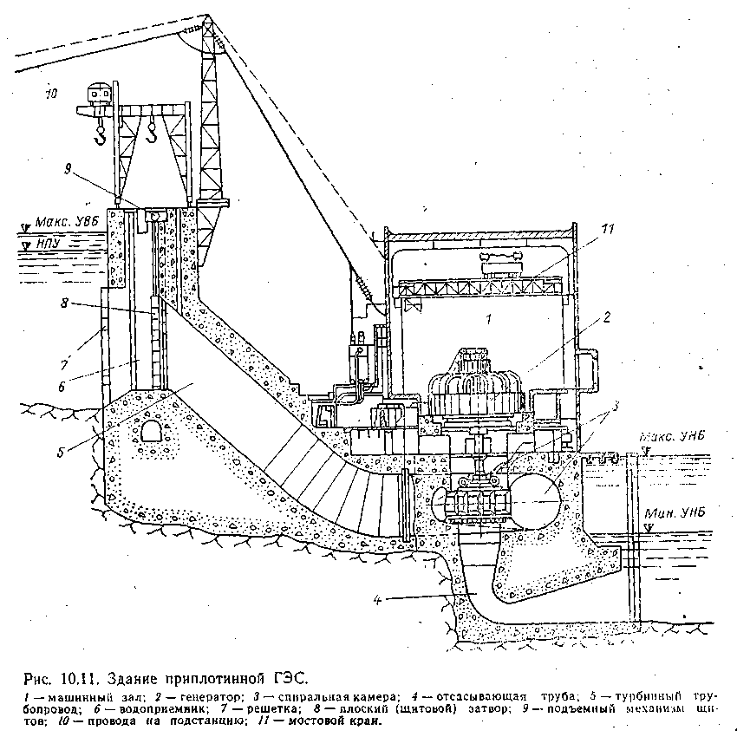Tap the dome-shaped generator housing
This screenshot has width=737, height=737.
point(474,382)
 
